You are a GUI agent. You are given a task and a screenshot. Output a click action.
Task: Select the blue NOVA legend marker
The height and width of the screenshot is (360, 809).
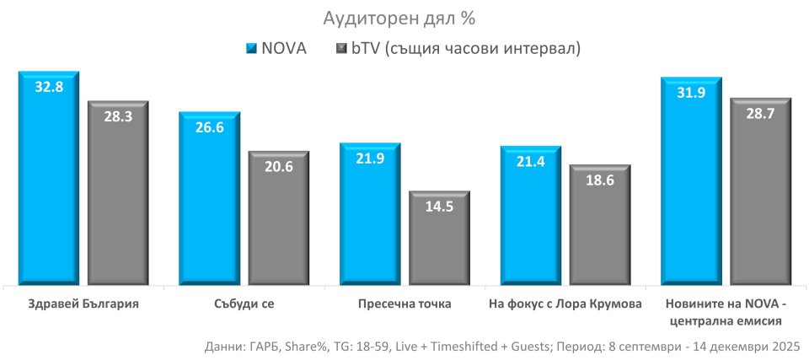(x=249, y=48)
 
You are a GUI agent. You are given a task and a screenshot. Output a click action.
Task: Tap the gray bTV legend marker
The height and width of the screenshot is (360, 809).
(x=342, y=48)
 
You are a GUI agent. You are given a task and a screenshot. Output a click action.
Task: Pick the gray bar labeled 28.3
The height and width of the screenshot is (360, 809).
(x=118, y=194)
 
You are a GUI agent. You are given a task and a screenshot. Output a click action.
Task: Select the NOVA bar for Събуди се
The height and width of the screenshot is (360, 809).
(x=209, y=199)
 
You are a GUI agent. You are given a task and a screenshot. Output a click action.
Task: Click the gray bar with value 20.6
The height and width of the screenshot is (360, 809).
(x=278, y=219)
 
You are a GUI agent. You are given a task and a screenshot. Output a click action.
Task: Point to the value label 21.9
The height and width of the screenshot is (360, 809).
(x=370, y=159)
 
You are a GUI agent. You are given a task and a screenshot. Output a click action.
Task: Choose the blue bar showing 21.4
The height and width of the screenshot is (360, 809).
(x=531, y=216)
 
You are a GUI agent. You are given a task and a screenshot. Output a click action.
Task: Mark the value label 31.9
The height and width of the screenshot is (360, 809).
(x=691, y=92)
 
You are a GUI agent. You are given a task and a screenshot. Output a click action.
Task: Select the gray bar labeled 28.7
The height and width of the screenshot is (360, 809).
(x=760, y=192)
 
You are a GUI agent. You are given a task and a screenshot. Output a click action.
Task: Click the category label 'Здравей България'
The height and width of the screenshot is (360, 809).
(x=83, y=304)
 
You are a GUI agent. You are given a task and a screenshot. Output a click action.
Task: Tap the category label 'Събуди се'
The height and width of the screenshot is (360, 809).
(x=244, y=304)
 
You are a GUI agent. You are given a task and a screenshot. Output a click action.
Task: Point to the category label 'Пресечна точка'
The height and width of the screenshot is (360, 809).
(x=404, y=304)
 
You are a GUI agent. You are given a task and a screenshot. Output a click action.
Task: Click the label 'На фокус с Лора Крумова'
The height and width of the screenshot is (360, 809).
(x=565, y=304)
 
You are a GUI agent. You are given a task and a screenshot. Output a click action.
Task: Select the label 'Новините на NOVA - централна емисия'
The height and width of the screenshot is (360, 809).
(x=726, y=312)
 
